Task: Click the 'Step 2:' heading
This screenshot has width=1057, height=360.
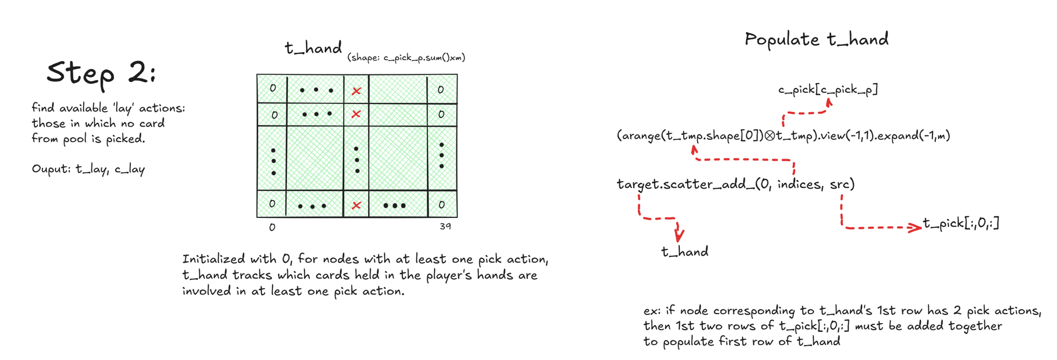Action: pyautogui.click(x=101, y=73)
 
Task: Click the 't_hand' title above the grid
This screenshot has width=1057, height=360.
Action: pyautogui.click(x=313, y=48)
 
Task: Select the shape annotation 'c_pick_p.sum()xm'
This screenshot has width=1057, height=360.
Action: pyautogui.click(x=406, y=57)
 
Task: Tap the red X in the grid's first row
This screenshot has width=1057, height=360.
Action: pyautogui.click(x=356, y=91)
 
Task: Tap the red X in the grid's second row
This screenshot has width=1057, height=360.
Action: pyautogui.click(x=356, y=114)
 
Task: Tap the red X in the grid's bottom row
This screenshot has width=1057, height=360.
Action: pyautogui.click(x=356, y=205)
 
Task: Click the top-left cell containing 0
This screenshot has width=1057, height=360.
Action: pyautogui.click(x=273, y=89)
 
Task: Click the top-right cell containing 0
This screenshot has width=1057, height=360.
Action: pyautogui.click(x=441, y=90)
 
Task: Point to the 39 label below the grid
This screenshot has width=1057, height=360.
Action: pyautogui.click(x=445, y=226)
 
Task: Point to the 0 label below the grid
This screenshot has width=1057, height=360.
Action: pyautogui.click(x=272, y=227)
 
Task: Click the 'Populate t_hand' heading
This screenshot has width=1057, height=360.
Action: pyautogui.click(x=816, y=39)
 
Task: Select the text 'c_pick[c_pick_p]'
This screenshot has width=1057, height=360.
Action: pyautogui.click(x=827, y=89)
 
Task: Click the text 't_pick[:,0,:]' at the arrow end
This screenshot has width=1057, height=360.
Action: pyautogui.click(x=961, y=223)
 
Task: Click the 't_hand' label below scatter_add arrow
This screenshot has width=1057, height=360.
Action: pyautogui.click(x=685, y=252)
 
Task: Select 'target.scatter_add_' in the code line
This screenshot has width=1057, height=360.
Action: pyautogui.click(x=685, y=184)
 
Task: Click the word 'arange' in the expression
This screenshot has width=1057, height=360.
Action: pyautogui.click(x=640, y=136)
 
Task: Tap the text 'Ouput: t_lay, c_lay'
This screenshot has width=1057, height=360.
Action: pyautogui.click(x=88, y=169)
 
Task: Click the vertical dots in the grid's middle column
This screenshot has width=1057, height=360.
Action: pyautogui.click(x=357, y=160)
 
